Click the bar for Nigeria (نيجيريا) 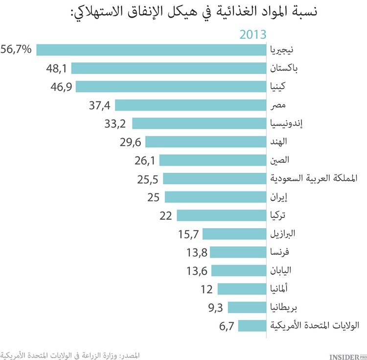pyautogui.click(x=151, y=50)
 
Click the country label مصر pyautogui.click(x=279, y=105)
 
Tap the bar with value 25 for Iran pyautogui.click(x=215, y=197)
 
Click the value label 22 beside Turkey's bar pyautogui.click(x=165, y=216)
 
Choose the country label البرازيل pyautogui.click(x=283, y=234)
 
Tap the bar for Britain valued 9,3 pyautogui.click(x=247, y=307)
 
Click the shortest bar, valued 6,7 pyautogui.click(x=252, y=325)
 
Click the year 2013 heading pyautogui.click(x=252, y=34)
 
